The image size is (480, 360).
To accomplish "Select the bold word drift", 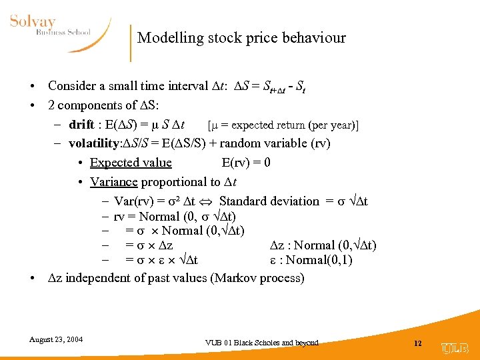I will click(81, 125).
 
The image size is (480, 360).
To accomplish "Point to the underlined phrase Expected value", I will click(131, 163).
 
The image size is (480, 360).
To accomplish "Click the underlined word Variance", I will click(113, 182).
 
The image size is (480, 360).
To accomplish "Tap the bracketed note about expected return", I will click(283, 125).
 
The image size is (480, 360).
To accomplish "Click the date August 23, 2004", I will click(56, 339).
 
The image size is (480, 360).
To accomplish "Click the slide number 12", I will click(418, 343).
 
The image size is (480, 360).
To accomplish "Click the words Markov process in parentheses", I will click(257, 278).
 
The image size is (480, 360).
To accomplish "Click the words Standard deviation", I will click(269, 201).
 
